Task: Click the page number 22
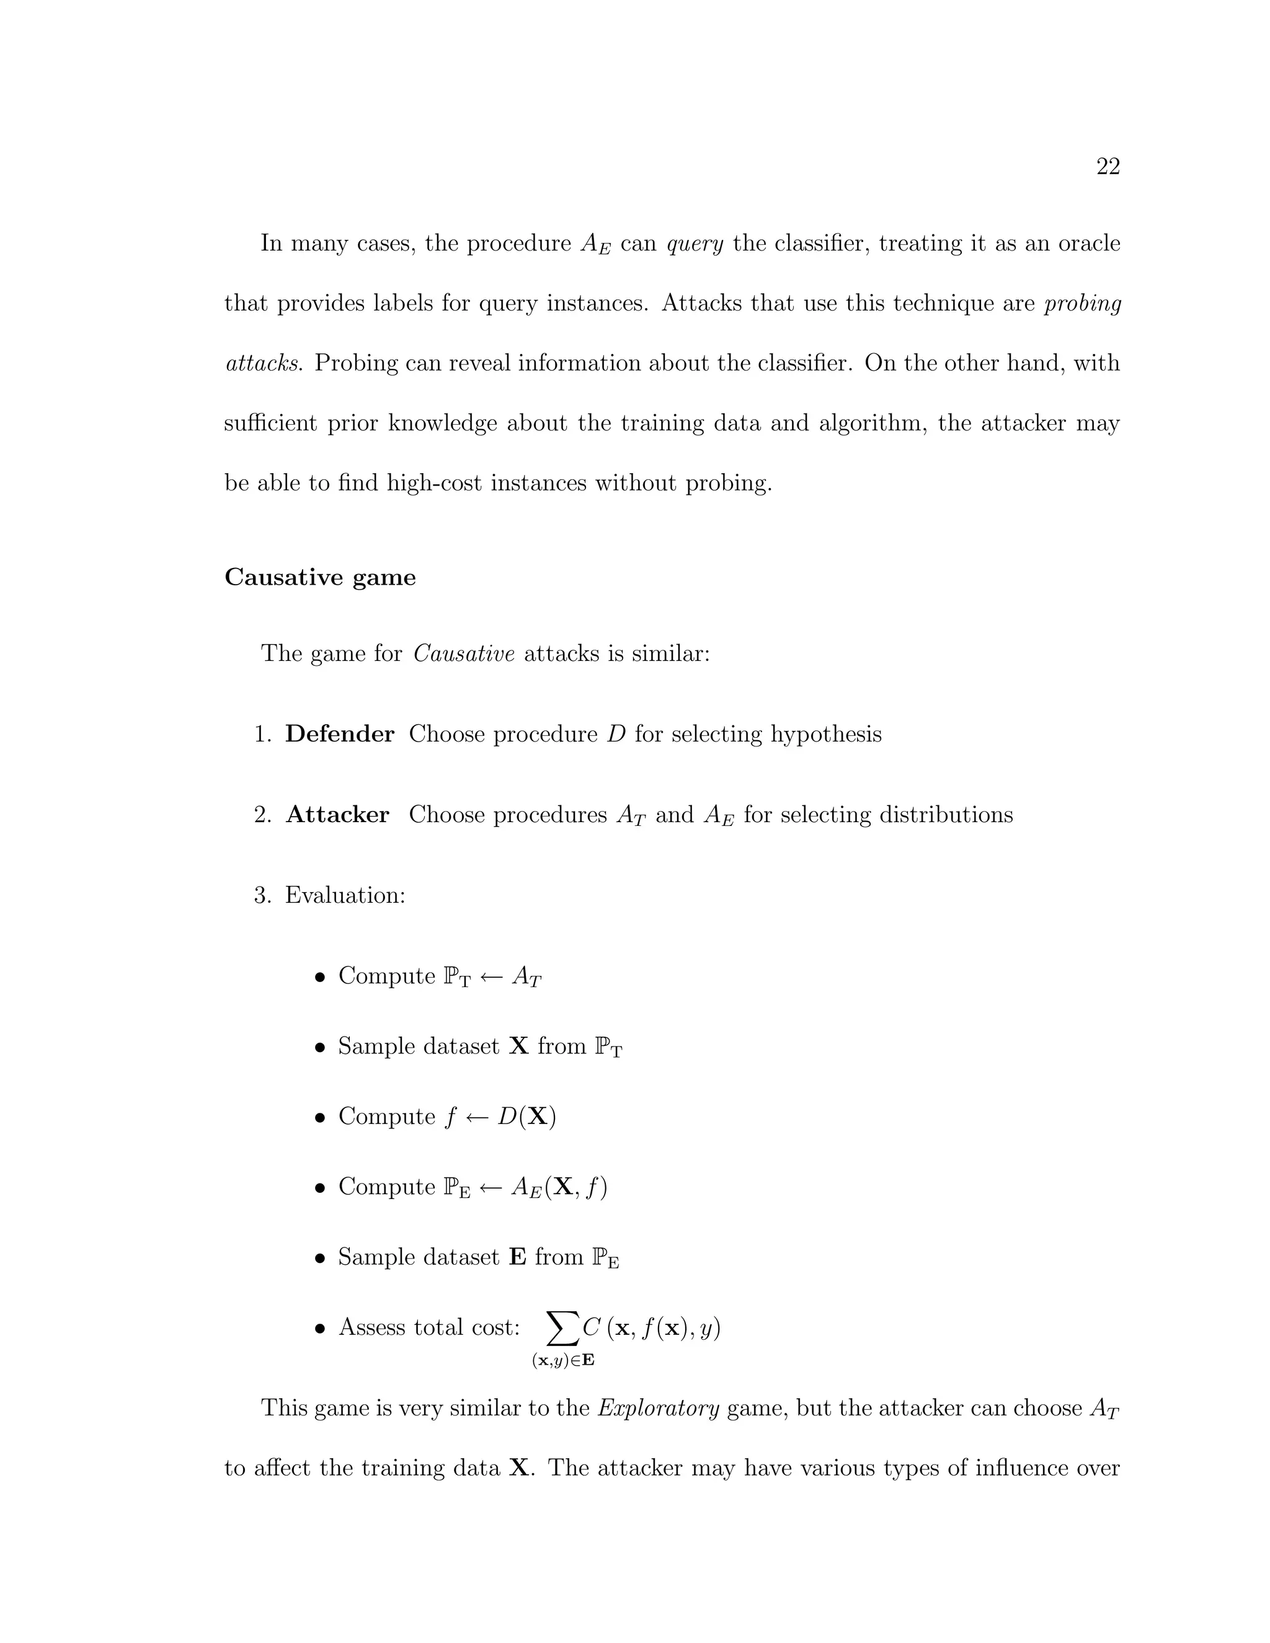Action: point(1108,166)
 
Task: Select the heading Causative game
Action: point(320,578)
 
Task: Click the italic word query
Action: point(695,244)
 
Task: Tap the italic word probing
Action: point(1082,304)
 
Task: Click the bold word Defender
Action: point(339,733)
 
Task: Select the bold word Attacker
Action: point(337,815)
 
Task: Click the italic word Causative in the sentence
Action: point(463,653)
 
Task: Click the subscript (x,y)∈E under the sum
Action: point(563,1360)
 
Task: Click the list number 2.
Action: point(262,815)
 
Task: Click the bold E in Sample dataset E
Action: point(517,1257)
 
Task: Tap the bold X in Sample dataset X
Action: point(518,1047)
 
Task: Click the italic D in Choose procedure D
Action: point(616,733)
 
